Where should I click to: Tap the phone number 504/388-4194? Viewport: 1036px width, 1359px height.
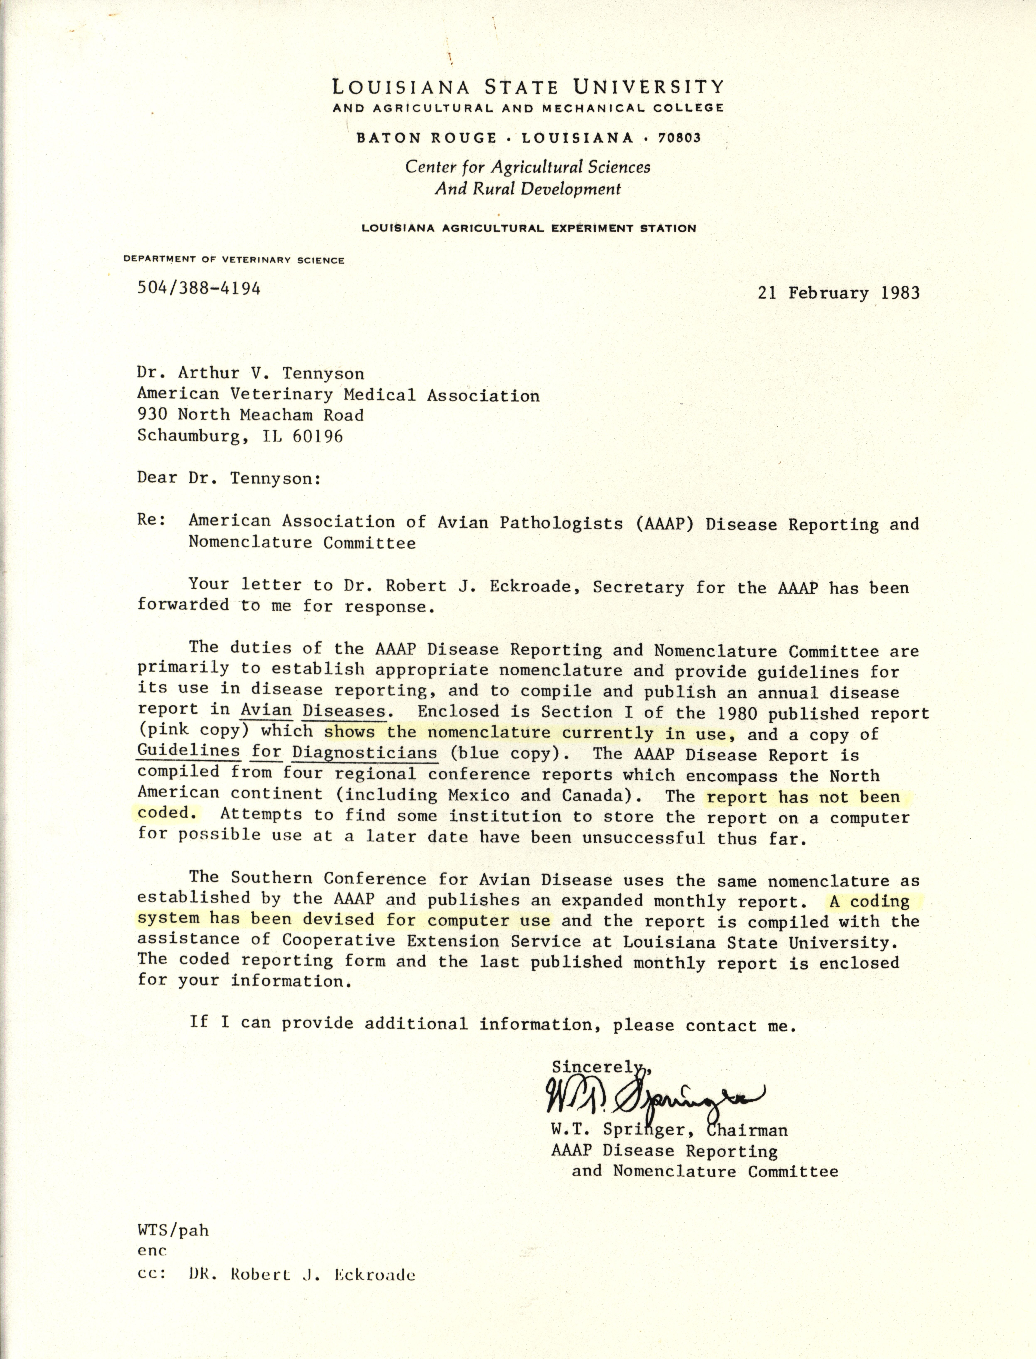pyautogui.click(x=198, y=288)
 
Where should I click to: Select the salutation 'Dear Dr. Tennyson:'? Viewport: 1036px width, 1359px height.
pyautogui.click(x=229, y=479)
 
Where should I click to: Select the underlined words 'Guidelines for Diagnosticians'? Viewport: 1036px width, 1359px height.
pyautogui.click(x=287, y=753)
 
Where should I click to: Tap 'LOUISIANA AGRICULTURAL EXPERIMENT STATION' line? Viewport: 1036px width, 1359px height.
pyautogui.click(x=528, y=228)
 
